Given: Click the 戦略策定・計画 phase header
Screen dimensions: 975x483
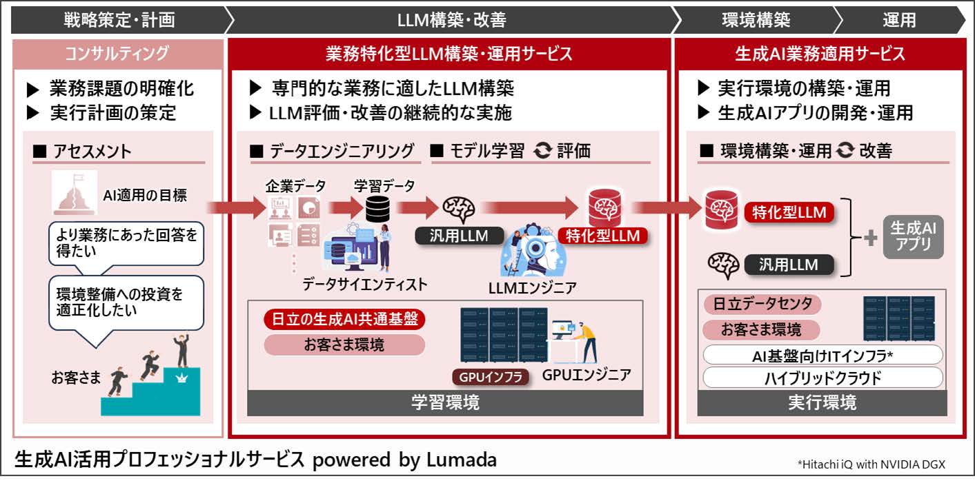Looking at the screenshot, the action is [x=119, y=20].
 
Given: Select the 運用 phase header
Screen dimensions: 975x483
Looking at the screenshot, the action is [x=900, y=20].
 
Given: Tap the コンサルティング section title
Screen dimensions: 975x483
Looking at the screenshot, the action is [x=117, y=54].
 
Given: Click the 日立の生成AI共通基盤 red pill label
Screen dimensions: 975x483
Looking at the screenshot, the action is [x=344, y=319].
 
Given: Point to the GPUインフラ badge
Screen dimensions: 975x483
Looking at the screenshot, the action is [x=491, y=377].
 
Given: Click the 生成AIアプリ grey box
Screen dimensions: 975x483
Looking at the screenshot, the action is [x=913, y=237].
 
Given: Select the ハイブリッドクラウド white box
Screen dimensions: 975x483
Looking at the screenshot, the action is [x=823, y=378].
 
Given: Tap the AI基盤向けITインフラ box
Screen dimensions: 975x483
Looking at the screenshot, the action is [x=823, y=356].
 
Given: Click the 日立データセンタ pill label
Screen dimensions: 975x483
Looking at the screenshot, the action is [x=762, y=303].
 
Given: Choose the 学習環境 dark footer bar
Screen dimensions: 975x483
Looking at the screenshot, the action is [x=445, y=402].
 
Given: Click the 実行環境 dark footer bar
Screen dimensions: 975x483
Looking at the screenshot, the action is [x=823, y=402].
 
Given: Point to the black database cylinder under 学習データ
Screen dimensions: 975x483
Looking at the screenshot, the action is [x=377, y=209].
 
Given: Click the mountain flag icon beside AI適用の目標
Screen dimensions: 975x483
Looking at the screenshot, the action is [x=74, y=193].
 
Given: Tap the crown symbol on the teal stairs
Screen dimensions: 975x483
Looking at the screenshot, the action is [x=181, y=378].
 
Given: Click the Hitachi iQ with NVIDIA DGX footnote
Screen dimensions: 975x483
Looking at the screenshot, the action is [x=871, y=464].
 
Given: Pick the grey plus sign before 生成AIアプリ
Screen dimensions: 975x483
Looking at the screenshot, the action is [x=871, y=238].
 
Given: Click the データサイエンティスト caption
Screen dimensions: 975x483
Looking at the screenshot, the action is [x=365, y=285].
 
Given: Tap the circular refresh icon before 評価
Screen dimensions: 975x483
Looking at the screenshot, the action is [x=542, y=150].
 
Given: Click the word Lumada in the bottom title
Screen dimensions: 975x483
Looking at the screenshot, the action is [x=462, y=460].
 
